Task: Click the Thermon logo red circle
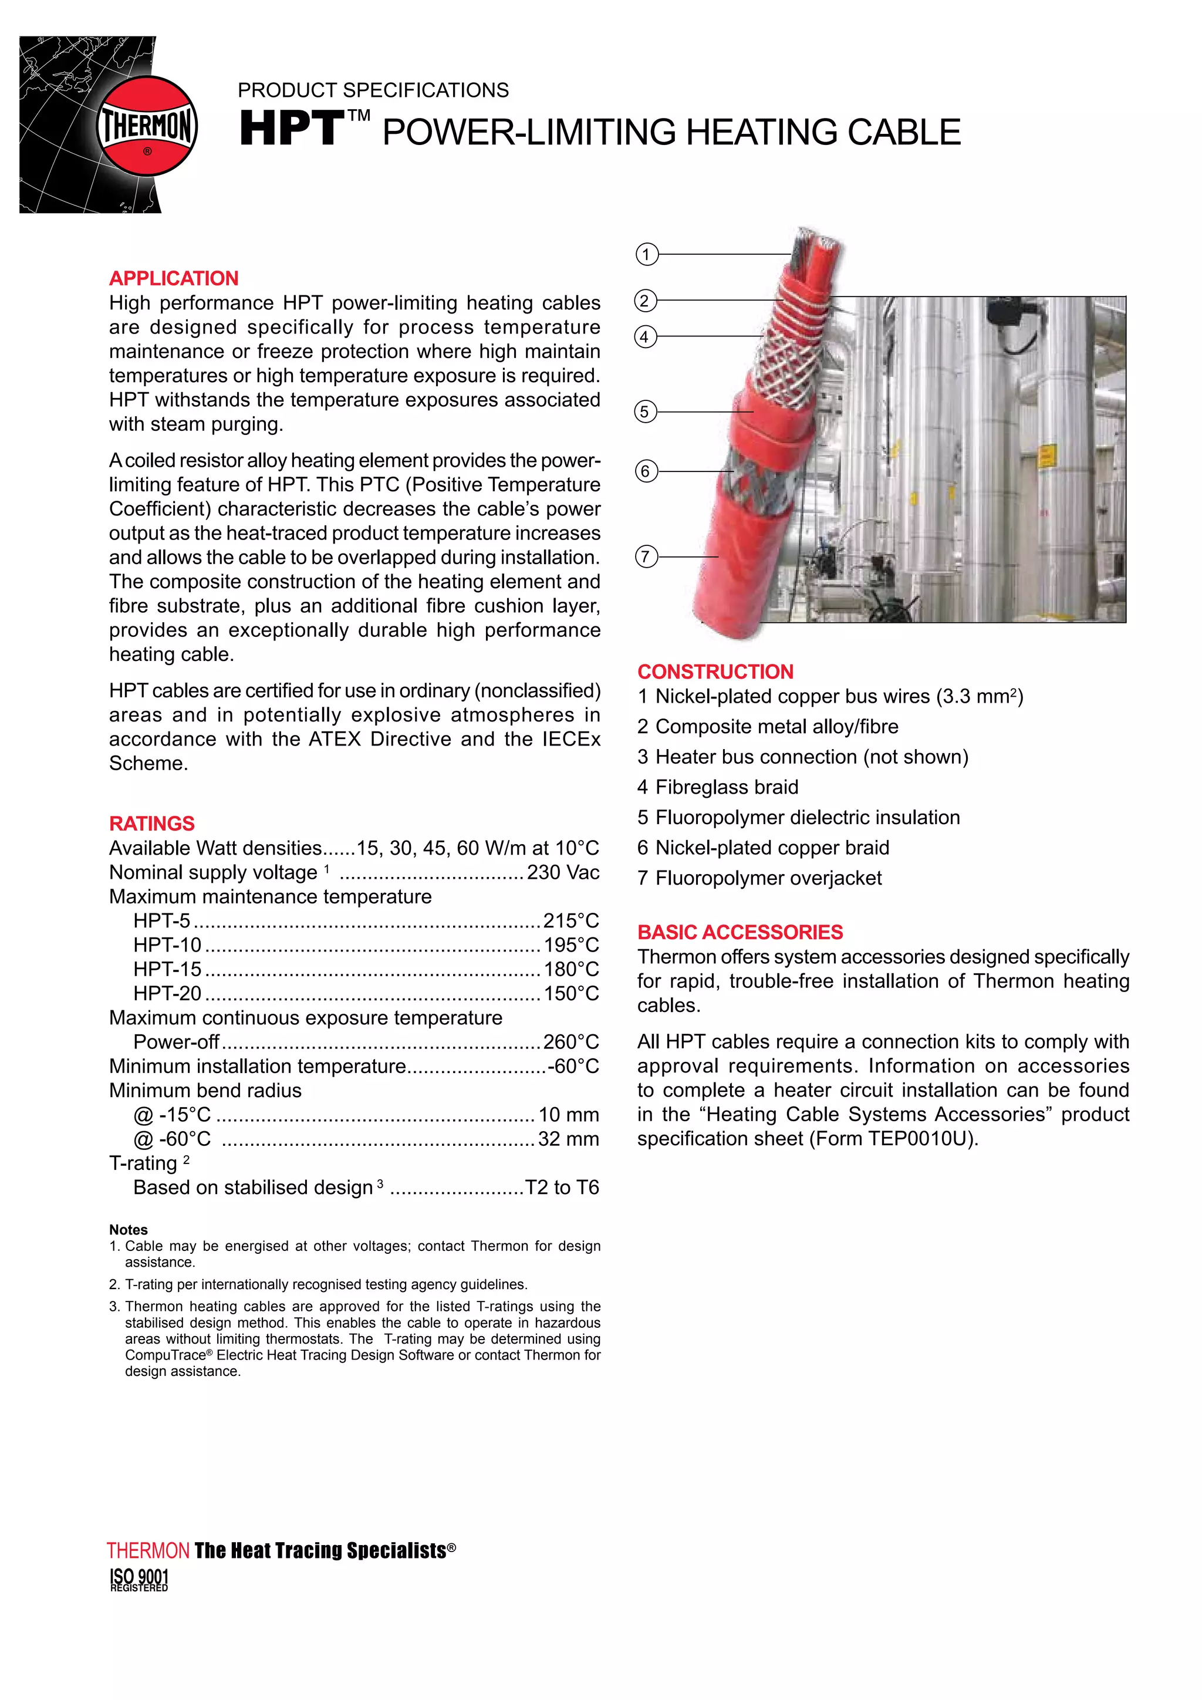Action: (147, 125)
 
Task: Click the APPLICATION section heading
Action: (173, 278)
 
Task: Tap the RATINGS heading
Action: (152, 824)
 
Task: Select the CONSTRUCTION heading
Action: (715, 672)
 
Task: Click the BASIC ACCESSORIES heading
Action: (740, 932)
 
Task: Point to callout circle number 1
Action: (646, 255)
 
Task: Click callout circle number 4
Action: (646, 337)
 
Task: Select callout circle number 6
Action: (646, 471)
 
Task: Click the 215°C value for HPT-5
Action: (570, 921)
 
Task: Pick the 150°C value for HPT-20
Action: (570, 994)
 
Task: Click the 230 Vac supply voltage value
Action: (562, 873)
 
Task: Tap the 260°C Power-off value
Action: (570, 1043)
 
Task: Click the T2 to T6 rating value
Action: (562, 1188)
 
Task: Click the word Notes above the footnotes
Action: (128, 1230)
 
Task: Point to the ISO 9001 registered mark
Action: (139, 1579)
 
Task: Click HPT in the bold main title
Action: (292, 130)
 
